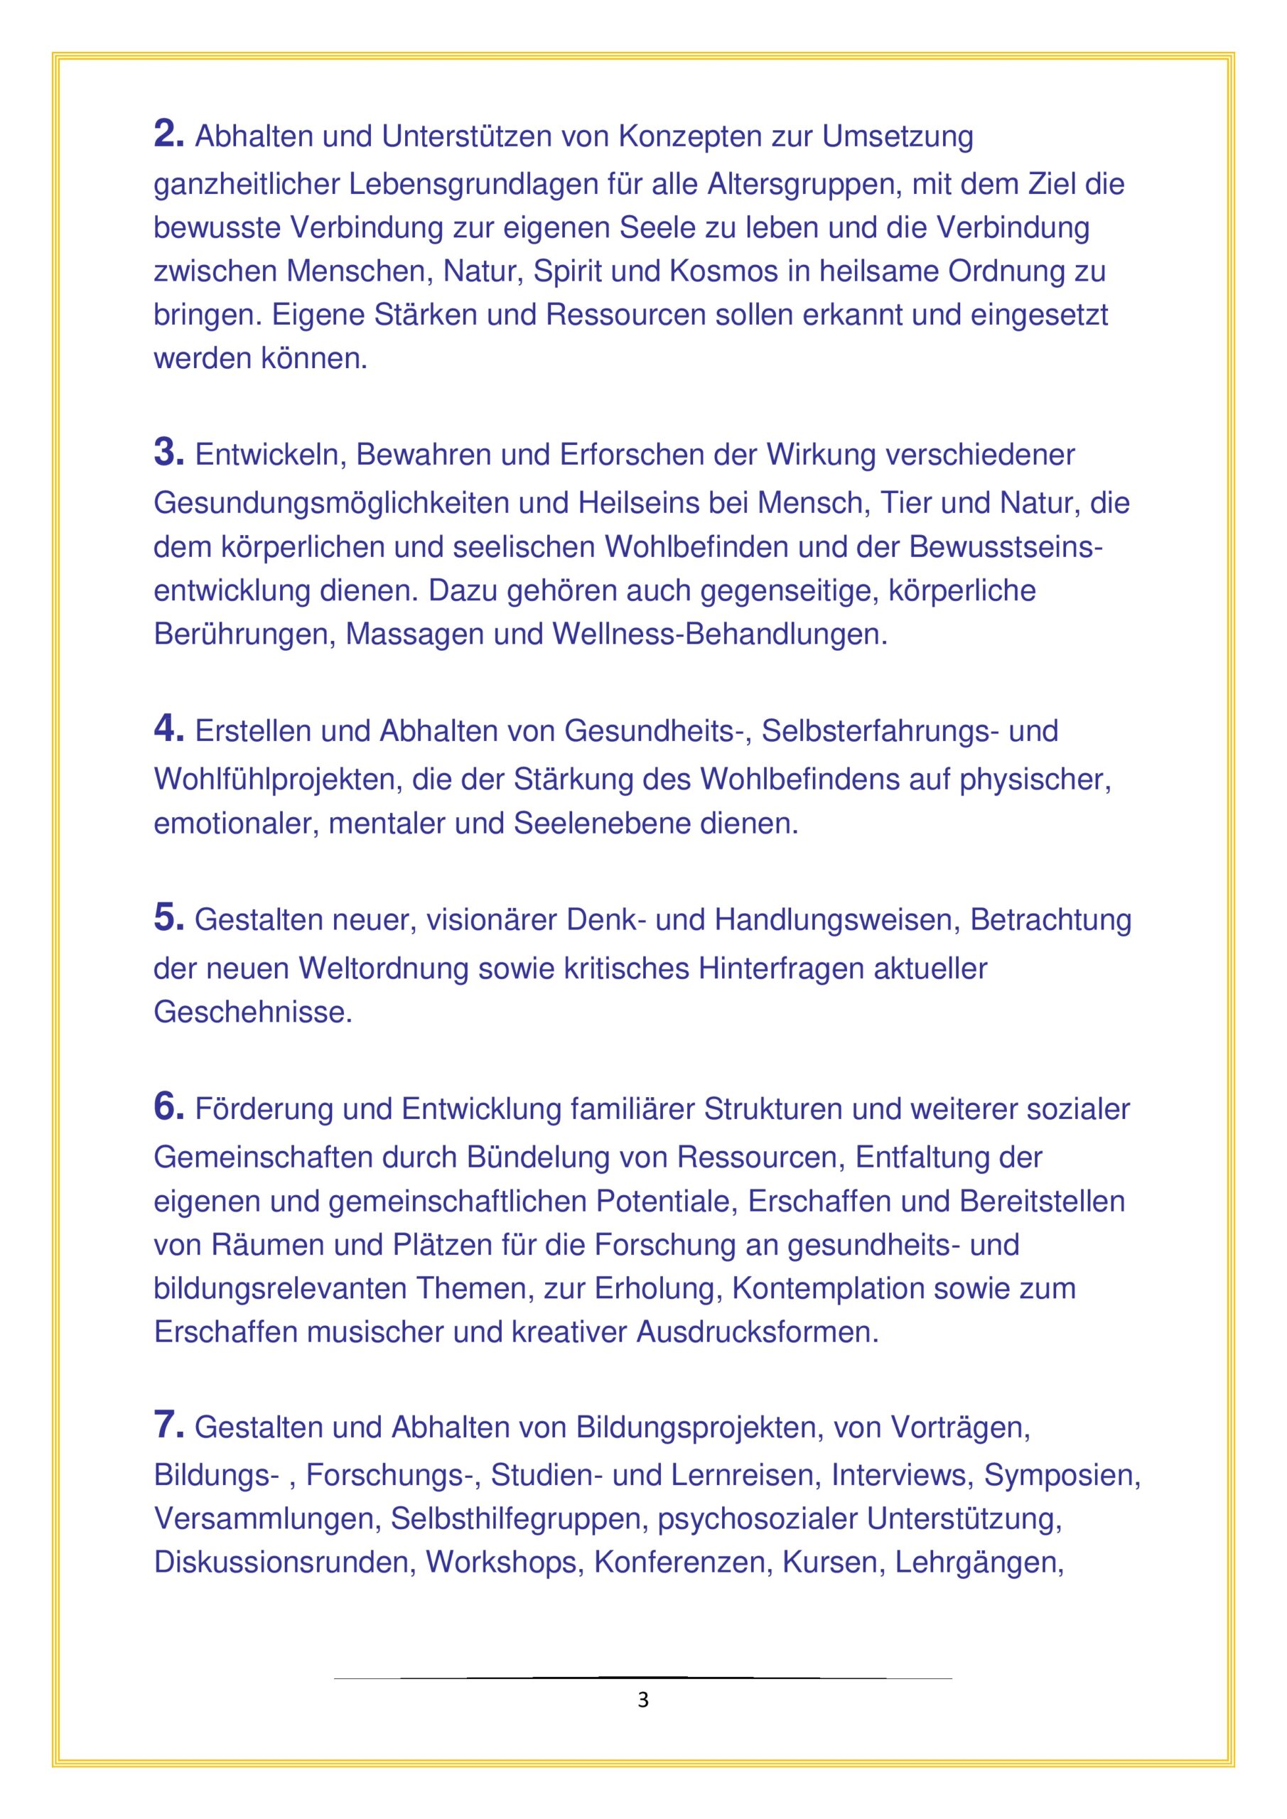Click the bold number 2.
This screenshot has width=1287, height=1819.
168,134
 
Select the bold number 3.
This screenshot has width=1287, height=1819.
168,453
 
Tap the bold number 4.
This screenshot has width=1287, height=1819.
168,729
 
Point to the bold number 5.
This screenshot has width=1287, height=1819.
168,917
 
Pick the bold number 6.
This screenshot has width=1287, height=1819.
168,1107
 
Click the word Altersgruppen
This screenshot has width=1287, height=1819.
804,185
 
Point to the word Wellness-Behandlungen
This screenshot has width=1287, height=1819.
720,635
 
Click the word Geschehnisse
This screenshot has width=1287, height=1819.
252,1013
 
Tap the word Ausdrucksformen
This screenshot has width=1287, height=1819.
758,1332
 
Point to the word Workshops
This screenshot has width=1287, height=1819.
501,1562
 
